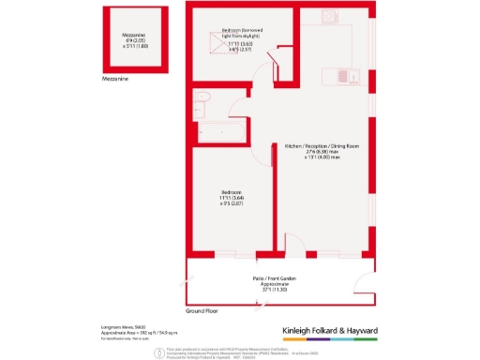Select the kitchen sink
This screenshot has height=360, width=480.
coord(342,76)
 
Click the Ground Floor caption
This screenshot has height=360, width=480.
coord(202,309)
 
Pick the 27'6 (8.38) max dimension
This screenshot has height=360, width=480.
coord(321,154)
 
